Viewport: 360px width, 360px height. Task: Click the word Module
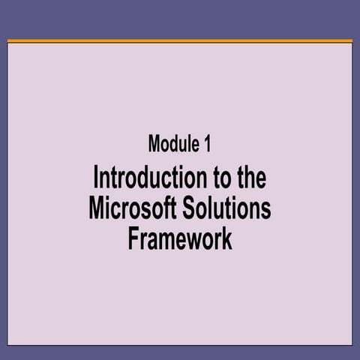point(171,143)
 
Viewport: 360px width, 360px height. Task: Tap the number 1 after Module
point(207,143)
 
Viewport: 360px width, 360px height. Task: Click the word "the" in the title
point(252,179)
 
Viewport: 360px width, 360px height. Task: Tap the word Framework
point(180,238)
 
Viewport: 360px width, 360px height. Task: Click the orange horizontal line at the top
point(180,40)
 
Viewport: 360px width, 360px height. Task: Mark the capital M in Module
point(155,143)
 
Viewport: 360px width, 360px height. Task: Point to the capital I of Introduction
point(95,179)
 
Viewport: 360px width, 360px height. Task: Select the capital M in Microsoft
point(96,208)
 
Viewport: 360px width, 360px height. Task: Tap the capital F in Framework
point(133,238)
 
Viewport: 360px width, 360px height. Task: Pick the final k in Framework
point(226,238)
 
